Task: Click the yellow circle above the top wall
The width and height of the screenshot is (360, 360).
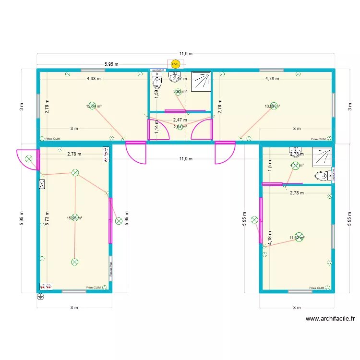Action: click(175, 63)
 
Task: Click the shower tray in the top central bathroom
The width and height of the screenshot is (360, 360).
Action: click(201, 81)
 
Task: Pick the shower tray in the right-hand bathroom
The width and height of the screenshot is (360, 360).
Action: click(322, 157)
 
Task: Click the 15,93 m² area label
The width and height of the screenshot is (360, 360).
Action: click(74, 218)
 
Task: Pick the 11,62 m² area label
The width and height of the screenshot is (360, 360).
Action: click(297, 238)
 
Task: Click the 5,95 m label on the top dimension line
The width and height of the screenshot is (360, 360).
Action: click(111, 63)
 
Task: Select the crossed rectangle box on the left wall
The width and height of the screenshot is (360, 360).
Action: click(42, 184)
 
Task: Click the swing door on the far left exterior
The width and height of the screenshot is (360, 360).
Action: click(27, 158)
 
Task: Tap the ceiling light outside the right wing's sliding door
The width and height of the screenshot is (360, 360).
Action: click(254, 220)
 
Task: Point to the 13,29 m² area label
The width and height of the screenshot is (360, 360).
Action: click(273, 107)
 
